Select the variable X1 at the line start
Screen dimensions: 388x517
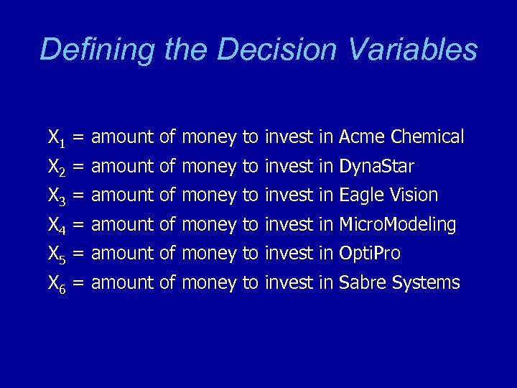click(x=57, y=137)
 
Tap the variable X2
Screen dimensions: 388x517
click(x=57, y=167)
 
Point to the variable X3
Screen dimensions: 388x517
click(x=57, y=195)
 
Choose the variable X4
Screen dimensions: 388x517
click(x=57, y=226)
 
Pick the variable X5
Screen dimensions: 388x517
click(x=57, y=254)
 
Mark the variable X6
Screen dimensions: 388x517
click(x=57, y=284)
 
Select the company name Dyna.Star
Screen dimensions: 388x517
click(x=376, y=167)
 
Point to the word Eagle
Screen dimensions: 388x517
click(x=362, y=195)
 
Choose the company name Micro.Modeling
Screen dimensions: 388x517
click(x=397, y=225)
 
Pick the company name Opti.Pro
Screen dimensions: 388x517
click(x=369, y=254)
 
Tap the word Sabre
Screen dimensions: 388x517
click(x=363, y=283)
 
